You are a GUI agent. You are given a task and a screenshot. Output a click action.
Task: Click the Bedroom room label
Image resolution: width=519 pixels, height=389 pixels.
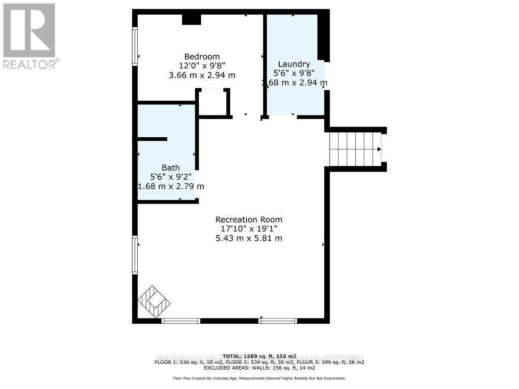[x=202, y=56]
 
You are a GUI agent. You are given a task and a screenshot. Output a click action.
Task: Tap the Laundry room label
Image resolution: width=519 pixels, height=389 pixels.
[x=294, y=64]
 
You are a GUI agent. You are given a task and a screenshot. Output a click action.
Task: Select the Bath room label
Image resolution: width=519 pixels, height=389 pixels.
[x=171, y=168]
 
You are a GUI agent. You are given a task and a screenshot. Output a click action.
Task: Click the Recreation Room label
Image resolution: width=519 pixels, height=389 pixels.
[x=249, y=219]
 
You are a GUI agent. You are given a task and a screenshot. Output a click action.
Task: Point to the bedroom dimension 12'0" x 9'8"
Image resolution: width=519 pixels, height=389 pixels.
[x=202, y=65]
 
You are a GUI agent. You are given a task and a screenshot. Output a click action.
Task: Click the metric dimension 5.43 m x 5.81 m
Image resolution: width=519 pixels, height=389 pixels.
[x=249, y=238]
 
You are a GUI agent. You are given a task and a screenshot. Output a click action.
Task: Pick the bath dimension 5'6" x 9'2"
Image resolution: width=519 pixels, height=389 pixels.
[x=171, y=177]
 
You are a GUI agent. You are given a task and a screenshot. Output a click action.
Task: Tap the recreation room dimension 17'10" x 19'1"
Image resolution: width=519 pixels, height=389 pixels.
[x=249, y=229]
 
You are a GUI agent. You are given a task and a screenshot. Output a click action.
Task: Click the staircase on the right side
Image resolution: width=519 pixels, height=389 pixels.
[x=355, y=149]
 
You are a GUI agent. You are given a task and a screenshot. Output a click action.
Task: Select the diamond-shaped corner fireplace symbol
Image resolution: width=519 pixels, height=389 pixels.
[x=154, y=302]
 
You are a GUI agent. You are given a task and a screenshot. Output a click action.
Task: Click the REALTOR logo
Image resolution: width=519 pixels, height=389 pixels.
[x=30, y=35]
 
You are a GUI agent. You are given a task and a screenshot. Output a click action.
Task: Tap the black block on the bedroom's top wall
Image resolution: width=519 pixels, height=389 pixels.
[x=192, y=19]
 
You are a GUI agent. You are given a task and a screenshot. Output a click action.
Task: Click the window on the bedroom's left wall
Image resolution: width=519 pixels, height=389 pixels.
[x=135, y=46]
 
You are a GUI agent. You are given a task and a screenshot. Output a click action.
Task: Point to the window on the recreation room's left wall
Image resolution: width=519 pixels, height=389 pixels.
[x=135, y=255]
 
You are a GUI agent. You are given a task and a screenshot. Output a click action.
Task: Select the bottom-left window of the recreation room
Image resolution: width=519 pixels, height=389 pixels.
[x=181, y=320]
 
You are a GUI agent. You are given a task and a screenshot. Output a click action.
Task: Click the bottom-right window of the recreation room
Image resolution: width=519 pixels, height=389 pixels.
[x=278, y=320]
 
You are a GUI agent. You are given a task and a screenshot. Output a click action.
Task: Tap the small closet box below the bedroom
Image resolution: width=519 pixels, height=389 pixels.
[x=213, y=103]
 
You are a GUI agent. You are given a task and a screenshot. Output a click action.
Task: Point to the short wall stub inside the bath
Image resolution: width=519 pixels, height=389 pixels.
[x=152, y=139]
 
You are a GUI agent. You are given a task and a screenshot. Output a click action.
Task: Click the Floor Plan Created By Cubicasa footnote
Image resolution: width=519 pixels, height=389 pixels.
[x=259, y=378]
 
